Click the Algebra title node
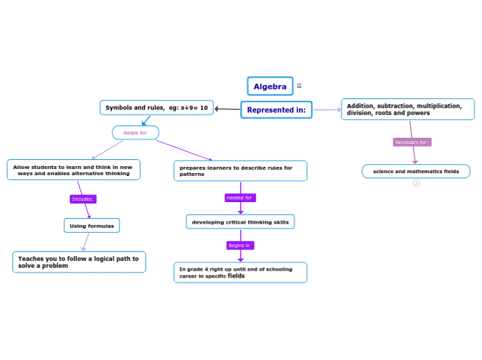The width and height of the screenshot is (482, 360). [x=270, y=87]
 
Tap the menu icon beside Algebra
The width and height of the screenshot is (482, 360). [x=299, y=87]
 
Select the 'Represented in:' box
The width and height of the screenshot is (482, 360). [x=276, y=110]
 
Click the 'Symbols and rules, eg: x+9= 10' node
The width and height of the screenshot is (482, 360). [x=157, y=108]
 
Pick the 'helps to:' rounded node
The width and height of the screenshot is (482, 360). [x=136, y=132]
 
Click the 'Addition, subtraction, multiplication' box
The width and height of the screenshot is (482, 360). [x=407, y=109]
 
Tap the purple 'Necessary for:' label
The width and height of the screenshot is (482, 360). [x=412, y=143]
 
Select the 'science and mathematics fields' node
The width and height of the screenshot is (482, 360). [x=416, y=172]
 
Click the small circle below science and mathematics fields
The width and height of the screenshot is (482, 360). [x=416, y=183]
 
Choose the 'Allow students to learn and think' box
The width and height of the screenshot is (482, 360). [x=73, y=170]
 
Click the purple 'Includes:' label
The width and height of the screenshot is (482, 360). [x=83, y=199]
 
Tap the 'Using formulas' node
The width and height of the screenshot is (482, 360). [x=91, y=226]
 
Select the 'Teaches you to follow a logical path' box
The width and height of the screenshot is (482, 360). [x=79, y=262]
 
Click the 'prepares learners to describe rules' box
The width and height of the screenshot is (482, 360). [x=240, y=171]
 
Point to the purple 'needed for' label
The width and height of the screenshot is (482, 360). [x=240, y=198]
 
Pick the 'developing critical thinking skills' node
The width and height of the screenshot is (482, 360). [x=240, y=222]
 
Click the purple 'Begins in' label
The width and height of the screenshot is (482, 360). [x=240, y=246]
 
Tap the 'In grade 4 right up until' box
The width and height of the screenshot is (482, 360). [x=240, y=272]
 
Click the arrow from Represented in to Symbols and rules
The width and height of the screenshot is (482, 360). [x=227, y=109]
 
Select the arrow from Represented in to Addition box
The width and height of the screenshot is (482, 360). [x=327, y=109]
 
